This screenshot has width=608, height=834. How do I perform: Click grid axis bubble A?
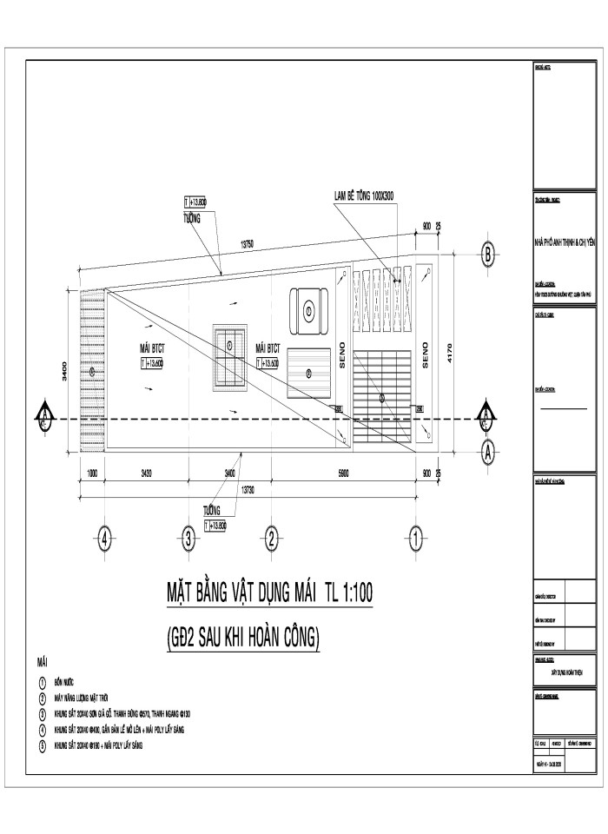[x=488, y=451]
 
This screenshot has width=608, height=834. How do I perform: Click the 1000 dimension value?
[x=91, y=473]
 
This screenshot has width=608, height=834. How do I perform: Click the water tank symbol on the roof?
[x=308, y=310]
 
